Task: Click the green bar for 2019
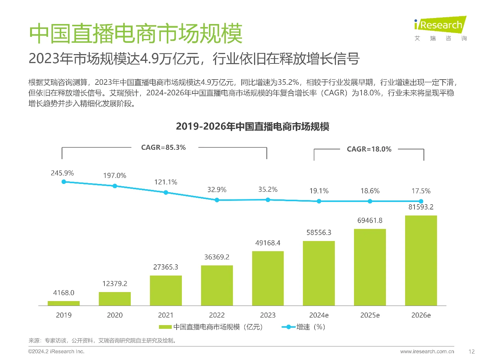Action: click(x=64, y=303)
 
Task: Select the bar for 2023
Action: click(x=268, y=278)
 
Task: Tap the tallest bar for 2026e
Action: click(x=421, y=261)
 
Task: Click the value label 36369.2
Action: click(x=217, y=257)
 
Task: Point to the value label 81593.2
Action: click(x=421, y=207)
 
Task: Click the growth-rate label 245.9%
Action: click(x=62, y=173)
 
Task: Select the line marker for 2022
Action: click(x=217, y=200)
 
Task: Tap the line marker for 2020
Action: click(x=115, y=186)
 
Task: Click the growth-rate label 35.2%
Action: click(x=268, y=190)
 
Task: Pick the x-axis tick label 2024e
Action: click(x=319, y=315)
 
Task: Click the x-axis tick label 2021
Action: click(x=166, y=315)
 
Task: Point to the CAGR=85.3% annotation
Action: click(x=163, y=148)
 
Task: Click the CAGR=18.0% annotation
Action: click(x=369, y=149)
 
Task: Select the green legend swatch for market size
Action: click(x=165, y=327)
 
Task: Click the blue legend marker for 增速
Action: click(x=288, y=327)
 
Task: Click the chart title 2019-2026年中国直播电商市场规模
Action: click(x=253, y=127)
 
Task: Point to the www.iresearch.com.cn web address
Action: click(x=427, y=352)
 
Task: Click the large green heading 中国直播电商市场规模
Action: click(x=136, y=34)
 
